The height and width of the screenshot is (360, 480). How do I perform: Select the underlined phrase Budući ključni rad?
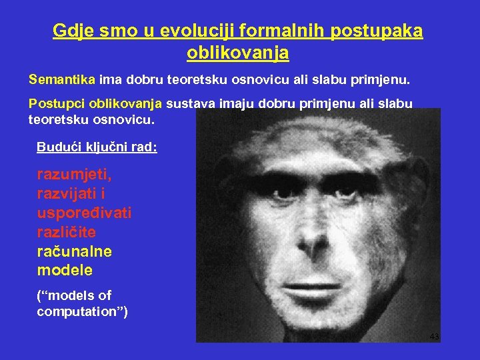97,147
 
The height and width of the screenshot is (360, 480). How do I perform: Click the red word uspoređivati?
84,213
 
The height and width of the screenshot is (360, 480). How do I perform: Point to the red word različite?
67,232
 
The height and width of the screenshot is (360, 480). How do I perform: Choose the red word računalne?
75,251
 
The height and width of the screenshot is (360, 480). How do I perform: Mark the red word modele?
65,271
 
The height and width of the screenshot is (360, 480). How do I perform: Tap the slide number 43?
434,336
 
